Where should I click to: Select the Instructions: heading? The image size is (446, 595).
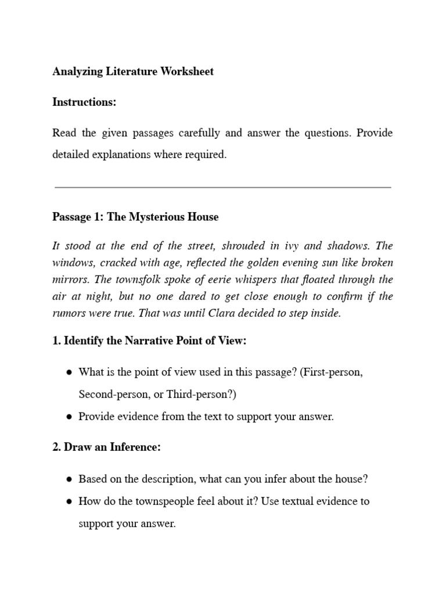point(84,102)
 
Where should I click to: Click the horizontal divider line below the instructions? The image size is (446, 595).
point(222,187)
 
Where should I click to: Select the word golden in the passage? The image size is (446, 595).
point(261,263)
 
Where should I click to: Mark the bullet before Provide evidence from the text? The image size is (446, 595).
point(69,417)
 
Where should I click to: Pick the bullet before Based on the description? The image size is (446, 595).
point(69,479)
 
